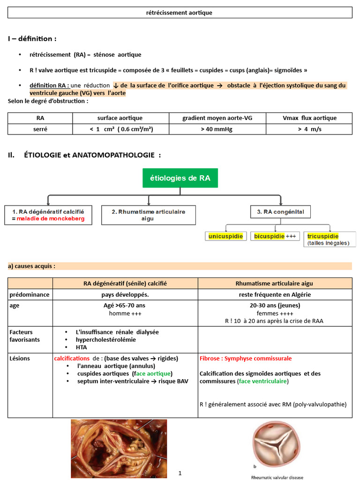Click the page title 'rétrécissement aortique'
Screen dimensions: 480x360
tap(180, 13)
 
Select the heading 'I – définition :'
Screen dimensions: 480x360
tap(32, 38)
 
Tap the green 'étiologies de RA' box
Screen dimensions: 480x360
tap(180, 178)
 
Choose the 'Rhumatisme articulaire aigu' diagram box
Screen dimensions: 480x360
tap(148, 215)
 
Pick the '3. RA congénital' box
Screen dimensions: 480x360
tap(280, 212)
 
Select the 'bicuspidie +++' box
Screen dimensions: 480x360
tap(275, 236)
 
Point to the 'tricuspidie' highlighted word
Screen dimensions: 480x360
tap(323, 236)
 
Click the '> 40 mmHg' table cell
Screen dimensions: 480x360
tap(217, 129)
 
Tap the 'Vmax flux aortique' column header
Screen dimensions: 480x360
tap(309, 118)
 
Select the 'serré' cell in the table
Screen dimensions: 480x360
tap(40, 129)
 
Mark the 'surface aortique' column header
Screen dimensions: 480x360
tap(120, 118)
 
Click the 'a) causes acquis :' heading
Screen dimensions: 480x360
tap(31, 266)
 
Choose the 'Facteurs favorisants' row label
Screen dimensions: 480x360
tap(24, 336)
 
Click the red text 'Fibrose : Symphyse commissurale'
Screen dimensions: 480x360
tap(246, 358)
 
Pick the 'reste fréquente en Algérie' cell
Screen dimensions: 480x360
tap(275, 295)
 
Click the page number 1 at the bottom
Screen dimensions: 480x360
tap(180, 473)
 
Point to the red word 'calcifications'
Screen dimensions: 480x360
tap(72, 358)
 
